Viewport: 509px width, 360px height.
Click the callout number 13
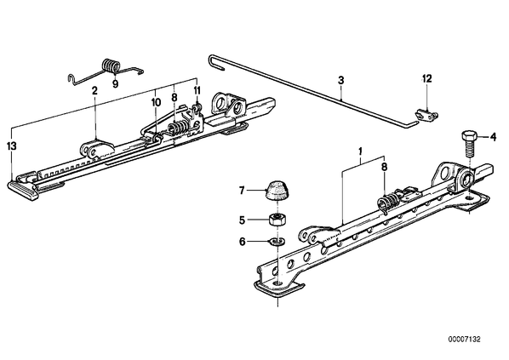click(12, 146)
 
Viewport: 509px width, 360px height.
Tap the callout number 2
click(94, 91)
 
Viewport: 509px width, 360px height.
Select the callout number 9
click(115, 84)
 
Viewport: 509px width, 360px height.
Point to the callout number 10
click(156, 103)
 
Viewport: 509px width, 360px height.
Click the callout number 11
click(197, 90)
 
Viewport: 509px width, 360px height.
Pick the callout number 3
click(340, 80)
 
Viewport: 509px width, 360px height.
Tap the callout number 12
click(427, 78)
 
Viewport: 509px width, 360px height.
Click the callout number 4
click(493, 137)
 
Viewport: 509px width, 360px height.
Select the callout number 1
click(360, 151)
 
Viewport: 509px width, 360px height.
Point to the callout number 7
click(242, 191)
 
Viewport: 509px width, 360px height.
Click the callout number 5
click(242, 220)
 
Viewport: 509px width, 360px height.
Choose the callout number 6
click(243, 243)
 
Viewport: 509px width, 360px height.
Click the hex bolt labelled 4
click(469, 144)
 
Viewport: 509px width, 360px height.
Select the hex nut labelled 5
click(277, 220)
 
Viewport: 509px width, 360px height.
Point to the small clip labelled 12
click(426, 116)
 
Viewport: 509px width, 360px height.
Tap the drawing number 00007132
click(464, 340)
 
